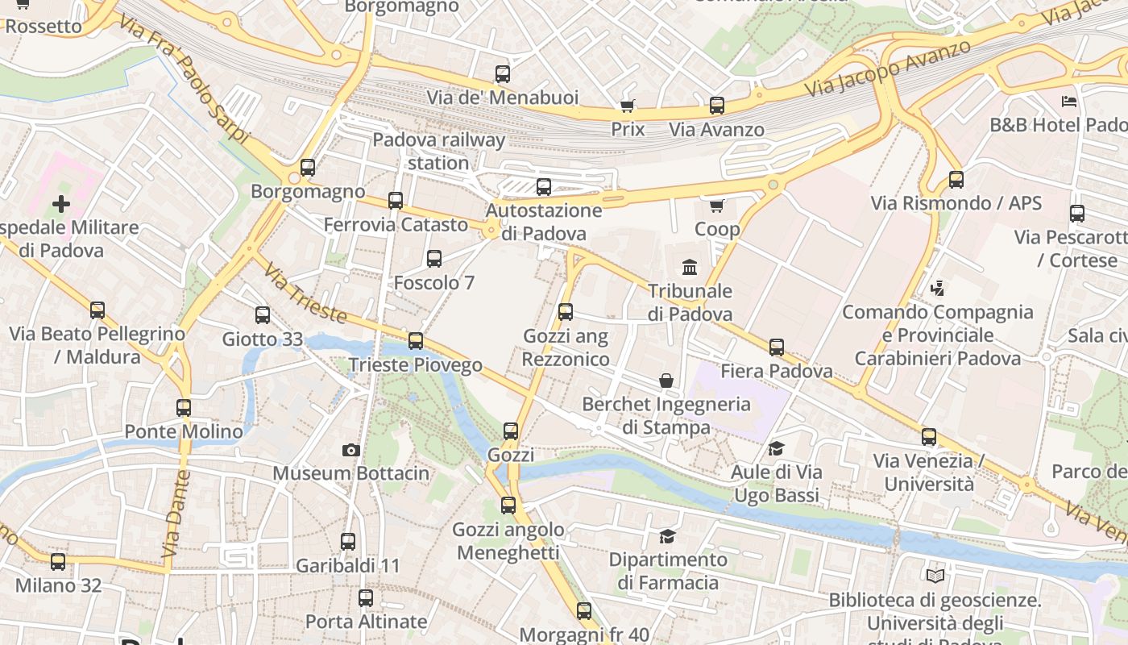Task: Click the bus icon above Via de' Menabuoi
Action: click(503, 74)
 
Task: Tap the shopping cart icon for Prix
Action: click(628, 106)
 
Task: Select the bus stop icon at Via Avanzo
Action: click(716, 106)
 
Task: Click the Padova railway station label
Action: click(438, 151)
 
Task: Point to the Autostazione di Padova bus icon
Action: click(544, 187)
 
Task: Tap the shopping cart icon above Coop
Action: click(717, 206)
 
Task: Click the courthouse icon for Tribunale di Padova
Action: click(690, 267)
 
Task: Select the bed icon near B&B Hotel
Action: click(1069, 102)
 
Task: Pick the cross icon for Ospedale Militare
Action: click(61, 204)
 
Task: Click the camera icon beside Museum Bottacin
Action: click(350, 450)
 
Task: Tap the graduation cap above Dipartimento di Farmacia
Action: click(667, 536)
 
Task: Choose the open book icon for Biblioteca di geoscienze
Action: click(935, 576)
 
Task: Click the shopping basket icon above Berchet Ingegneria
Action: click(666, 380)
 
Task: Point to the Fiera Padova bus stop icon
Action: click(777, 347)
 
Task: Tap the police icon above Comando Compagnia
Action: click(936, 288)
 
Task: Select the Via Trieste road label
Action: click(305, 293)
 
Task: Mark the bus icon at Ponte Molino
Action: click(184, 408)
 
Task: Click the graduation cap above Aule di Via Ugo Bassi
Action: click(776, 448)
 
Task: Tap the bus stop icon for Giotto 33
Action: click(263, 315)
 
